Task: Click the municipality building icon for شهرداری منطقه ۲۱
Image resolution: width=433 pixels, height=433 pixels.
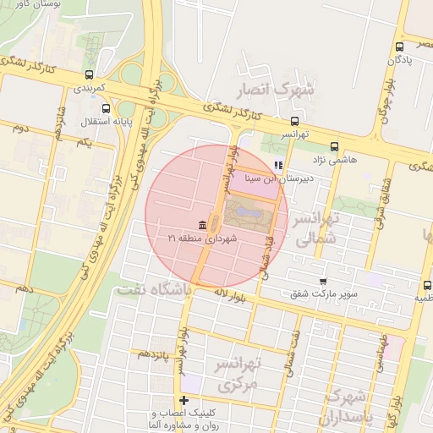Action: pos(202,225)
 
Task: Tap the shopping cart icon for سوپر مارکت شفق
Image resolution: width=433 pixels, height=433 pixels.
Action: pos(323,281)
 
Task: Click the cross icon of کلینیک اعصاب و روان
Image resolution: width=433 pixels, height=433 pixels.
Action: pos(184,400)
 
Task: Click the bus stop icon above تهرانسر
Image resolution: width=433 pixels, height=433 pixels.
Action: pos(294,120)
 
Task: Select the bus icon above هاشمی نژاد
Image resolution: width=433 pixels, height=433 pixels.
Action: pos(335,145)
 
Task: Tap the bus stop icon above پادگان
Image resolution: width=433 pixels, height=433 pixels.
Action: pos(399,47)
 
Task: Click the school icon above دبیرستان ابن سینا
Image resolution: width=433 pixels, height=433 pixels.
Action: pos(278,166)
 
